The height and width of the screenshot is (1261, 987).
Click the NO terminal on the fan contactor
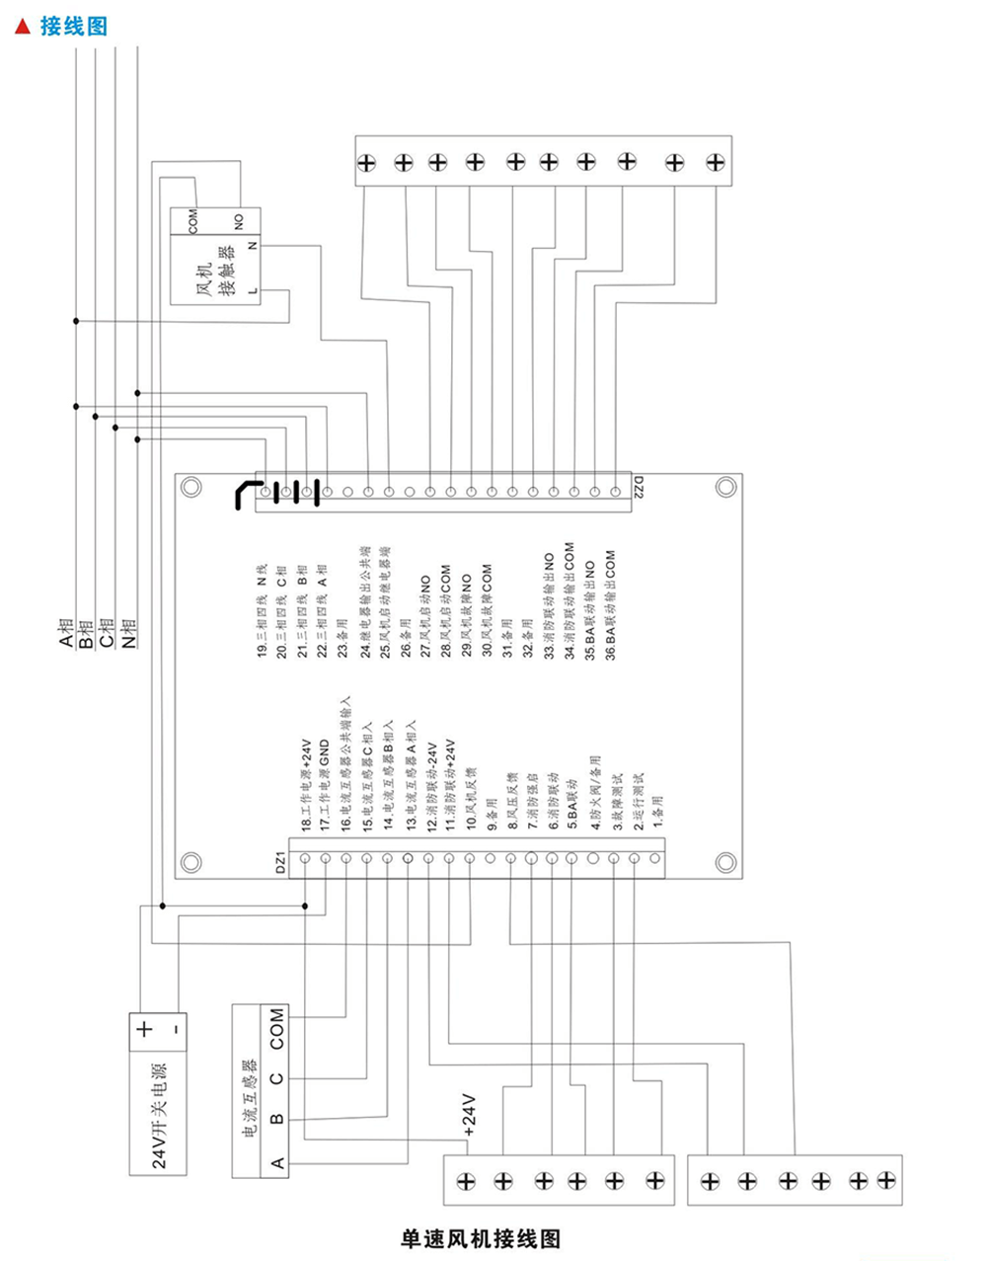click(x=239, y=219)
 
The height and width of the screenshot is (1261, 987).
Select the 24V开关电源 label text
click(x=159, y=1117)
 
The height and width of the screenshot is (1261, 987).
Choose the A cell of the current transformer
click(x=277, y=1162)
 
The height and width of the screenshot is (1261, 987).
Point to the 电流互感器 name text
click(x=247, y=1100)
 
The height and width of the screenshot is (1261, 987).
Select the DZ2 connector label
click(x=638, y=487)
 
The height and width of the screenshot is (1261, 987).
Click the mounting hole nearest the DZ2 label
click(x=725, y=486)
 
